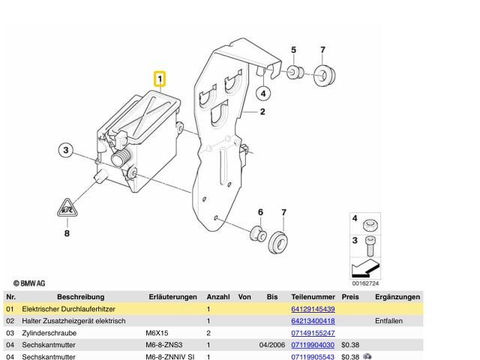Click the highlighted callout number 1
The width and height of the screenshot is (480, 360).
click(160, 78)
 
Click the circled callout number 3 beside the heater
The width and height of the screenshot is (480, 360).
click(65, 151)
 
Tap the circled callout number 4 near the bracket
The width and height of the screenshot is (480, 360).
click(262, 93)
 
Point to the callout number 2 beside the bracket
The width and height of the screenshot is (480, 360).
click(263, 112)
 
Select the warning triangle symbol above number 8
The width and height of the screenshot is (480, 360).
click(67, 208)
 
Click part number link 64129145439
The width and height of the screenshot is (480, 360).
click(312, 309)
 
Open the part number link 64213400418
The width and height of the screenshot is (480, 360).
click(312, 320)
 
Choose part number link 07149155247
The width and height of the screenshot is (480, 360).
click(312, 332)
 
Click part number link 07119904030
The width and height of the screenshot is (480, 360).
click(312, 344)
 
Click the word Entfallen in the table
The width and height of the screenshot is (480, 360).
click(389, 320)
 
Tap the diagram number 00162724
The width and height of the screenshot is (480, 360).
click(366, 283)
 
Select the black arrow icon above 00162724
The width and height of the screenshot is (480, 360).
click(365, 268)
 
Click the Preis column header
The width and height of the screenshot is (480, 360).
click(350, 297)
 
